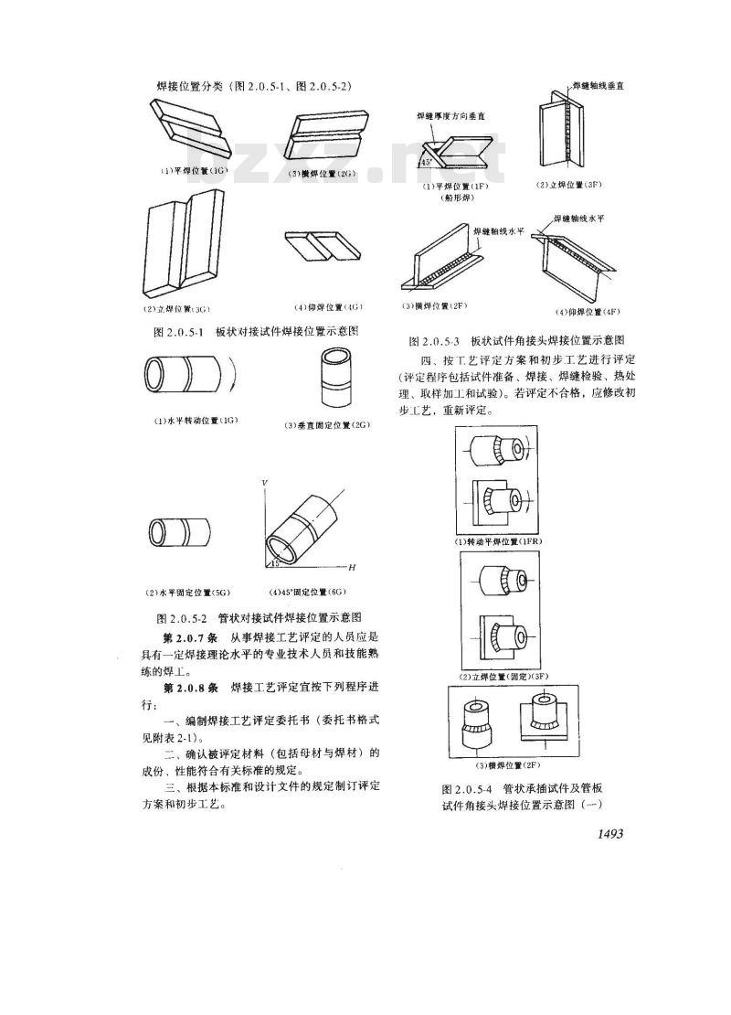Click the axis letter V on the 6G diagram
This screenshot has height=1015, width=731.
(264, 481)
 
